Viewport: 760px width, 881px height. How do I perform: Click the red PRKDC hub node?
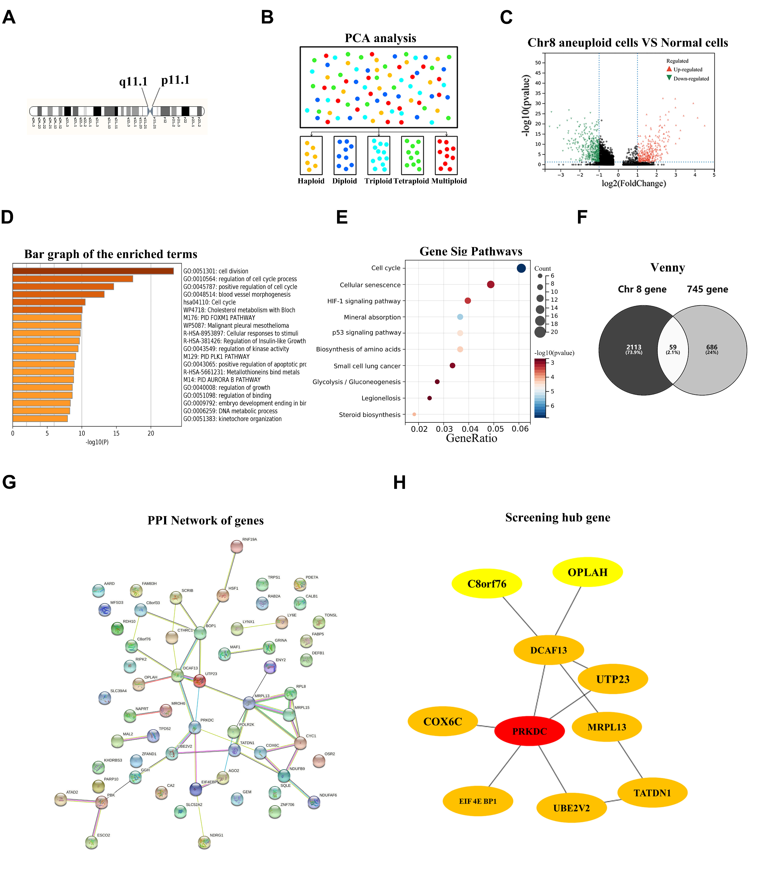pyautogui.click(x=529, y=731)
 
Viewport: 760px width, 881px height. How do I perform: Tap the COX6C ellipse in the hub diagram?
pyautogui.click(x=443, y=721)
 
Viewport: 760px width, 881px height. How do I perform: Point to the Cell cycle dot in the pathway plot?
pyautogui.click(x=521, y=268)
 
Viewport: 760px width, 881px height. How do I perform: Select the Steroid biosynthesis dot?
pyautogui.click(x=414, y=414)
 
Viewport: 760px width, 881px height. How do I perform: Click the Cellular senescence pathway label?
pyautogui.click(x=370, y=285)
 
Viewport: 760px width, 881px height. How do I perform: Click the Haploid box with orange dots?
pyautogui.click(x=311, y=155)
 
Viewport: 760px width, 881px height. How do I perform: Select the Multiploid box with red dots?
pyautogui.click(x=446, y=155)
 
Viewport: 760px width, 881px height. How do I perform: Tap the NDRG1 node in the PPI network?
pyautogui.click(x=204, y=842)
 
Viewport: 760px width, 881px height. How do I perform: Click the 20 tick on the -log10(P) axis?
pyautogui.click(x=151, y=433)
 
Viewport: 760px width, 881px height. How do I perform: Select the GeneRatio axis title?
pyautogui.click(x=471, y=438)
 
